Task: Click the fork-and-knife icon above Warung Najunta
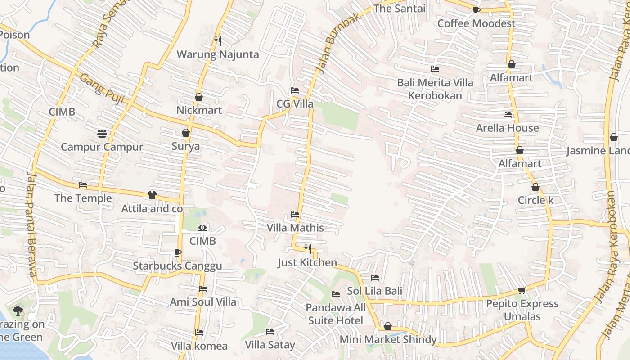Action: pos(218,41)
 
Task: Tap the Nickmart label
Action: pos(199,110)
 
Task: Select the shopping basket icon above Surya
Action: pos(185,133)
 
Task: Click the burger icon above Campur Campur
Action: pos(102,133)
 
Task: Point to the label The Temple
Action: pos(83,198)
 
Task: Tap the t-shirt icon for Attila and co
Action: pos(152,195)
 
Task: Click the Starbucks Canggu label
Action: pos(177,266)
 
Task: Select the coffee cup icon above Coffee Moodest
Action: pos(477,10)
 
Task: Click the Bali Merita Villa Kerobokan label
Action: pos(435,89)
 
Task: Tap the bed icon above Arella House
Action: pos(508,115)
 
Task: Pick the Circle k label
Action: pos(535,200)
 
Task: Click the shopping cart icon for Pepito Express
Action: pos(522,291)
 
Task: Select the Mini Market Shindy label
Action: pos(388,339)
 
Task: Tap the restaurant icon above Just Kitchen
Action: pos(308,249)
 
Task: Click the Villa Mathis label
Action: pos(295,228)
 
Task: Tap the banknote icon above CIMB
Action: pos(202,228)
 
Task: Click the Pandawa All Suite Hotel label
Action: pos(336,314)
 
